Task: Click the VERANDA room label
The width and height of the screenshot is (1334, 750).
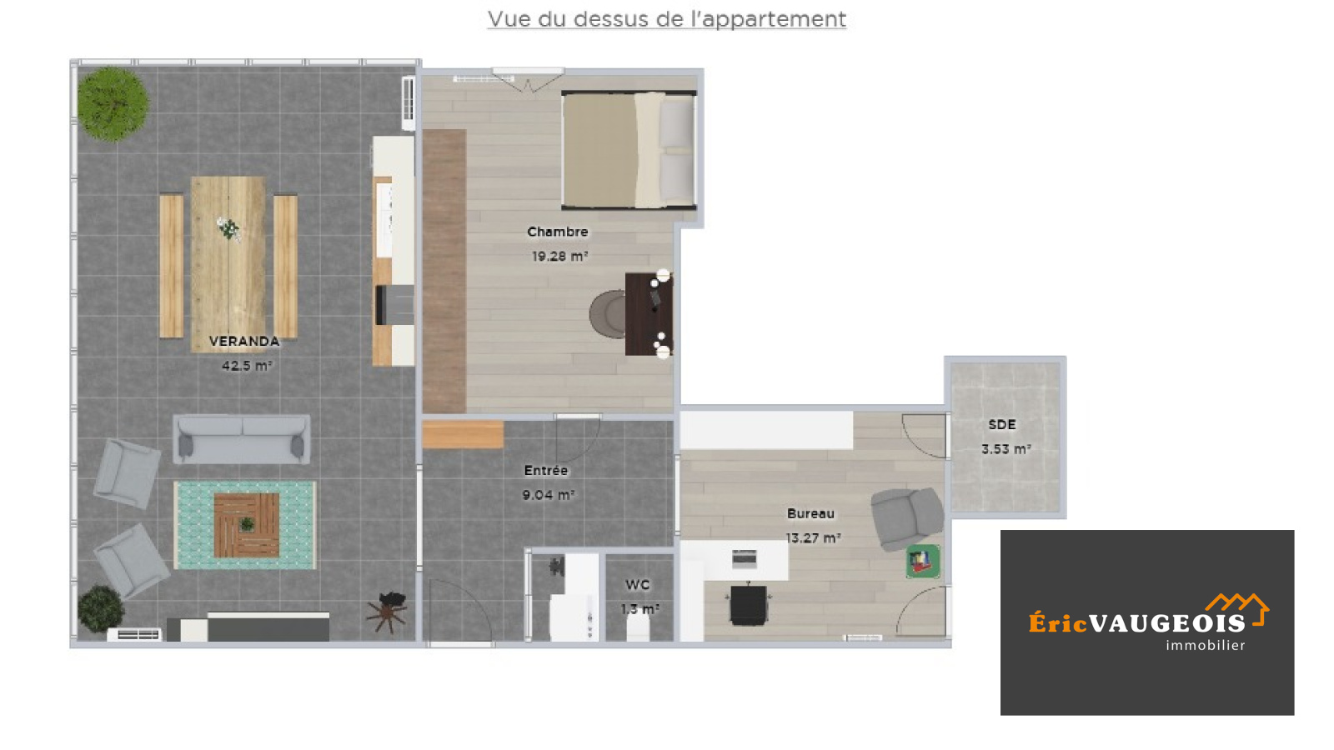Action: (x=244, y=341)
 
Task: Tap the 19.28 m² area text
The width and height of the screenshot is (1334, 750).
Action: (x=559, y=256)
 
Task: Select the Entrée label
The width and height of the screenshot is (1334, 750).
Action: (x=546, y=470)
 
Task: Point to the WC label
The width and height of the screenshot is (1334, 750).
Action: (x=637, y=584)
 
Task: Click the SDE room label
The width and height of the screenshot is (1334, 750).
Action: (x=1002, y=424)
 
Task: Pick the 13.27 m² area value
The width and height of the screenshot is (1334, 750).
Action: (x=813, y=538)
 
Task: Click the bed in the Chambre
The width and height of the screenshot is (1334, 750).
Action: (x=629, y=150)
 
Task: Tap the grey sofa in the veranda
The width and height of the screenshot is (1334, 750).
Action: (x=242, y=438)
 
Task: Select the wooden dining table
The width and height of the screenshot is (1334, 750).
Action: (x=228, y=263)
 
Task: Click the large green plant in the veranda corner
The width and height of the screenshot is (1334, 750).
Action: (x=113, y=104)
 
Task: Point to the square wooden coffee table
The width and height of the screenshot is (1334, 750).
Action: (x=247, y=525)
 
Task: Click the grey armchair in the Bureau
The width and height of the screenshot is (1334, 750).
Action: (x=906, y=517)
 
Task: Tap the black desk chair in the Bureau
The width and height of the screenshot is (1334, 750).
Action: (x=749, y=604)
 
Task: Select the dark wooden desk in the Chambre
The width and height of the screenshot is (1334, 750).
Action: (x=649, y=313)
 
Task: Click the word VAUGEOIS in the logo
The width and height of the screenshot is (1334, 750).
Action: (x=1167, y=623)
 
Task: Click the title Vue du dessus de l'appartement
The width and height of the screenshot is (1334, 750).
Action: (x=666, y=19)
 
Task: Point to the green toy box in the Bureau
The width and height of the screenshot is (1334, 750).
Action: (x=922, y=562)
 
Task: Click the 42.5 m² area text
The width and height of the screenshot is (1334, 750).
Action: (x=247, y=366)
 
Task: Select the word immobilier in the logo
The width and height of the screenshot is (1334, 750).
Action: (x=1206, y=645)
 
